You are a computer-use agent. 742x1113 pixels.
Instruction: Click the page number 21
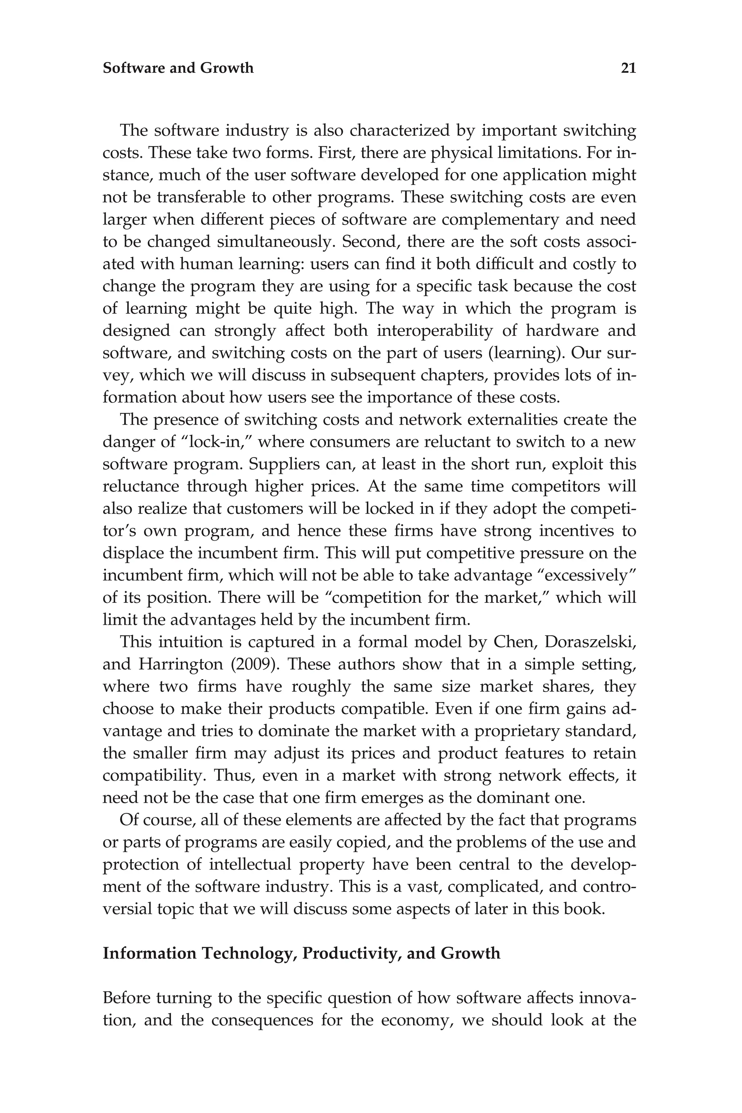tap(628, 68)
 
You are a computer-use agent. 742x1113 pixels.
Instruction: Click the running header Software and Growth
tap(178, 68)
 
